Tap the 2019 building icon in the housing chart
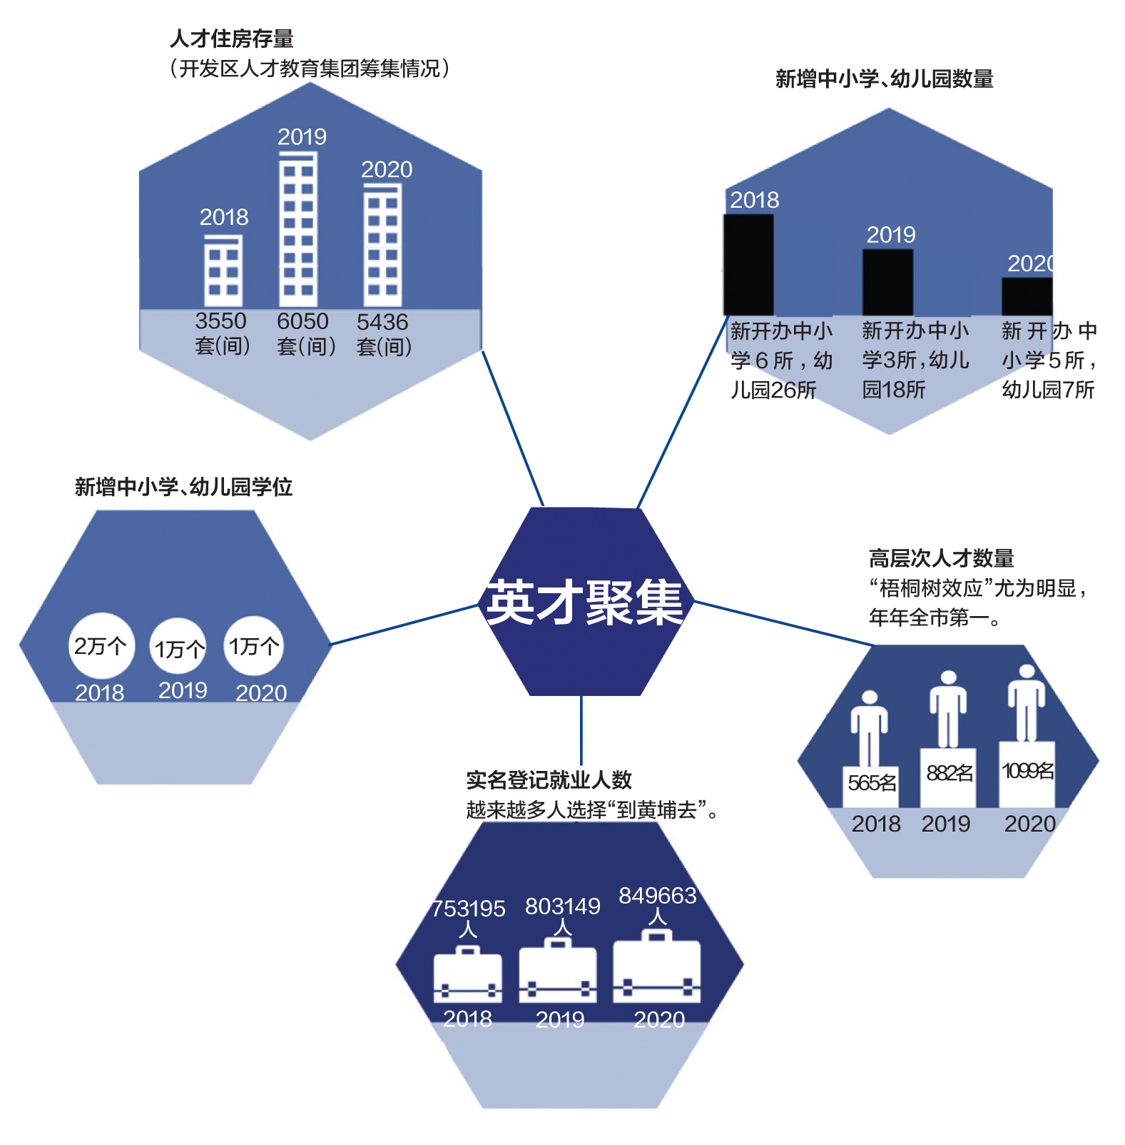pos(298,230)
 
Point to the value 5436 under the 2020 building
pos(382,322)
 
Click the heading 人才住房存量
pos(232,39)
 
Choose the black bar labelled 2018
pos(748,265)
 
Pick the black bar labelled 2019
pos(887,282)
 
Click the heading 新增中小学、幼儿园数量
pos(885,79)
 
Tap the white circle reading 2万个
pos(101,646)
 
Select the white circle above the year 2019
pos(179,647)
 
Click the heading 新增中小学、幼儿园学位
pos(183,487)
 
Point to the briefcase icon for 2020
pos(657,967)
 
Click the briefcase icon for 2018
pos(468,974)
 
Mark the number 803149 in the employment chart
pos(563,907)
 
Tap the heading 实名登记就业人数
pos(549,780)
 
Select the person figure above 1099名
pos(1026,703)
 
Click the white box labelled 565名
pos(870,786)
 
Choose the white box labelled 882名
pos(948,777)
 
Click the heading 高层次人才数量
pos(941,558)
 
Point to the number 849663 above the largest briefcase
pos(657,895)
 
